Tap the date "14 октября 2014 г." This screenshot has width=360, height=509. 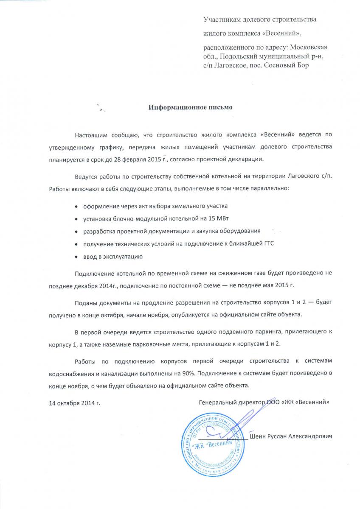pyautogui.click(x=75, y=401)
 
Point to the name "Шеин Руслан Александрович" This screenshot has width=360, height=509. pyautogui.click(x=291, y=436)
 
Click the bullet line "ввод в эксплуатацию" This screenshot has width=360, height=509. pyautogui.click(x=111, y=257)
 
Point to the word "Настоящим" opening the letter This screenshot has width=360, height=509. pyautogui.click(x=91, y=134)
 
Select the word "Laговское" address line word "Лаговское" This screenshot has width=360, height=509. pyautogui.click(x=230, y=66)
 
